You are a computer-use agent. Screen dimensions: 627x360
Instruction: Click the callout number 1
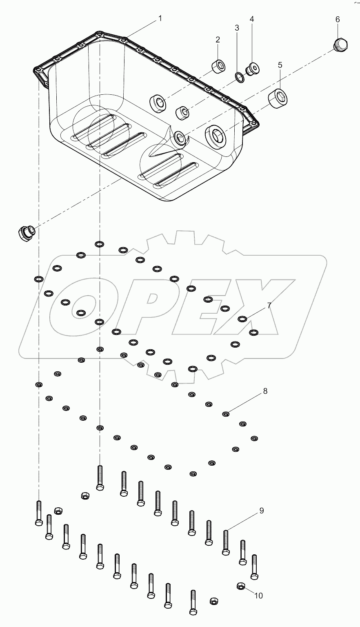click(x=160, y=18)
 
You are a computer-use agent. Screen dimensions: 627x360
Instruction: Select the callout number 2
click(x=218, y=40)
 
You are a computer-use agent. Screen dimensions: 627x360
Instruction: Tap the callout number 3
click(x=237, y=28)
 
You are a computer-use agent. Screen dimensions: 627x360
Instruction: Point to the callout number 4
click(x=252, y=19)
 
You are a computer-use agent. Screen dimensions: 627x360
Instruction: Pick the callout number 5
click(x=280, y=65)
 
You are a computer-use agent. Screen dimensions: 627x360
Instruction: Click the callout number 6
click(x=338, y=19)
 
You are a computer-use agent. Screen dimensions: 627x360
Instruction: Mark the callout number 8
click(x=265, y=391)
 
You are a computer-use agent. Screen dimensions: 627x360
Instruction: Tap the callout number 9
click(x=261, y=511)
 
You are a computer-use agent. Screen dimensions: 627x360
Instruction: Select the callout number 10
click(x=258, y=596)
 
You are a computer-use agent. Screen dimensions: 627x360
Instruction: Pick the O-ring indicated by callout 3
click(x=240, y=77)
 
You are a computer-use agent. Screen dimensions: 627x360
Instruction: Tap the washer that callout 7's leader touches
click(x=242, y=319)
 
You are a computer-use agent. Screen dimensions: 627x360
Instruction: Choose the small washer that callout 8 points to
click(x=225, y=414)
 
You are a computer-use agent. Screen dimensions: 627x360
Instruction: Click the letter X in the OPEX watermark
click(x=253, y=306)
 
